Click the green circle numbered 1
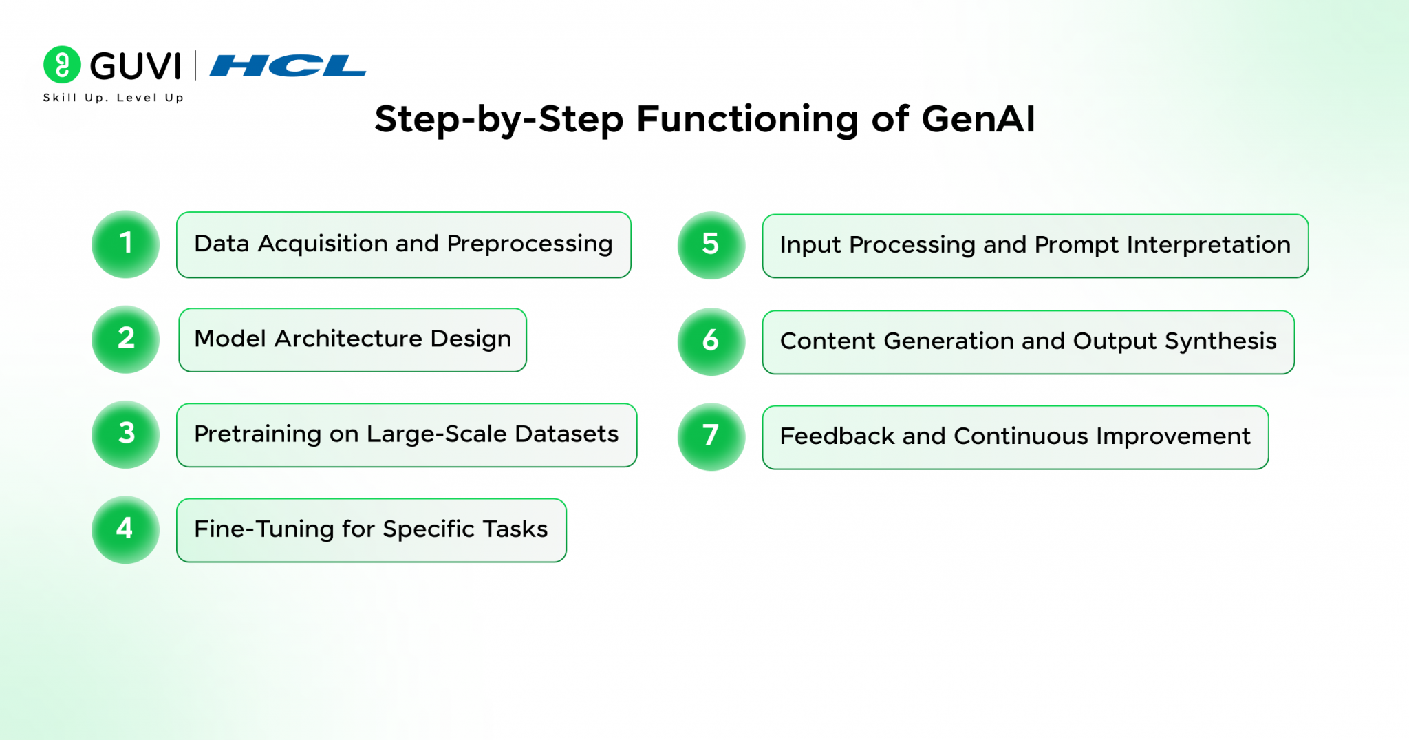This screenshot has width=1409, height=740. tap(125, 244)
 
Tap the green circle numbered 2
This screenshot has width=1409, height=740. tap(125, 339)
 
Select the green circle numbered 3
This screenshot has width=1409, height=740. tap(125, 434)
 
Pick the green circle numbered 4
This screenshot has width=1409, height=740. tap(125, 529)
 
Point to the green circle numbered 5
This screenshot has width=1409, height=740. tap(711, 245)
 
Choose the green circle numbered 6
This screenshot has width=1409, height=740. tap(711, 341)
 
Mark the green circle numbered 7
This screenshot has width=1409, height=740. tap(711, 436)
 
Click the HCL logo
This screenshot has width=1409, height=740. tap(288, 66)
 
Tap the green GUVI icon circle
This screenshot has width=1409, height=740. tap(62, 65)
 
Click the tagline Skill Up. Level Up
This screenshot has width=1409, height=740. tap(114, 98)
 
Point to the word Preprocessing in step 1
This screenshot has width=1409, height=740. tap(529, 244)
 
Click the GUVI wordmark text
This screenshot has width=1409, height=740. tap(136, 66)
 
